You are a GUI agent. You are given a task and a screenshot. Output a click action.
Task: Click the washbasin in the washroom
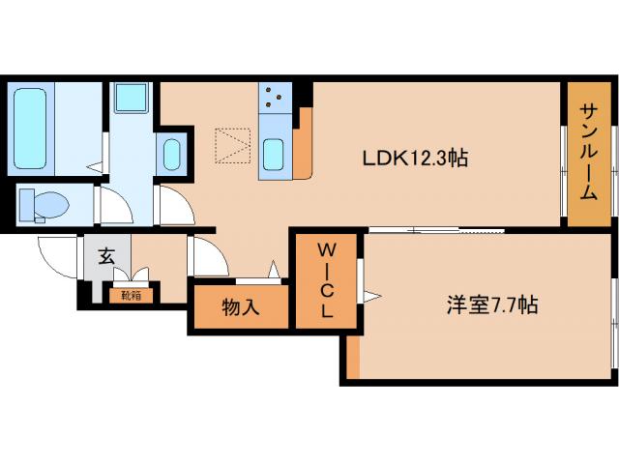[x=171, y=155]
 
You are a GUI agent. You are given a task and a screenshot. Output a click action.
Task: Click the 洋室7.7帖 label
[x=491, y=305]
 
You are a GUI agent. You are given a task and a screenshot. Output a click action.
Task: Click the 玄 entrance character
[x=106, y=258]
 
